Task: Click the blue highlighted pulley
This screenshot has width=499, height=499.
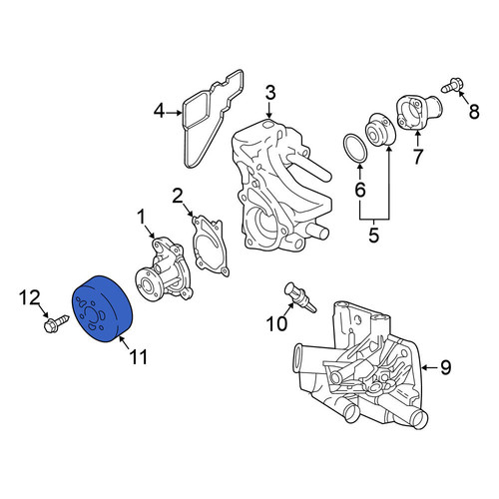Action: point(103,308)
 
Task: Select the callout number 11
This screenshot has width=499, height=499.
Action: point(139,357)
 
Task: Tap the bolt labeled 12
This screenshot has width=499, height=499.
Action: point(56,323)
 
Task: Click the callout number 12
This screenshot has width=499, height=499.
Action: point(29,297)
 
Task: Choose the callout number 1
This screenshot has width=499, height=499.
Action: point(142,217)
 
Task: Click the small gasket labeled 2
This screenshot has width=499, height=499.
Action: point(211,246)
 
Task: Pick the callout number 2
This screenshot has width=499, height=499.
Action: point(178,196)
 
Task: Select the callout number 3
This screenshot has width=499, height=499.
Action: point(270,92)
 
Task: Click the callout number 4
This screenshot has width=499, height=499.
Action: point(159,112)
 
